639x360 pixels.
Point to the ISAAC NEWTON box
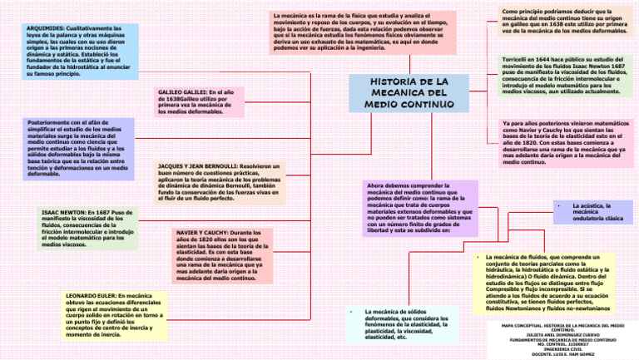click(x=87, y=229)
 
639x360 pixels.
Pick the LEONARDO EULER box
click(x=114, y=315)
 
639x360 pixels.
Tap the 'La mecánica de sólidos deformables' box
click(x=404, y=324)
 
